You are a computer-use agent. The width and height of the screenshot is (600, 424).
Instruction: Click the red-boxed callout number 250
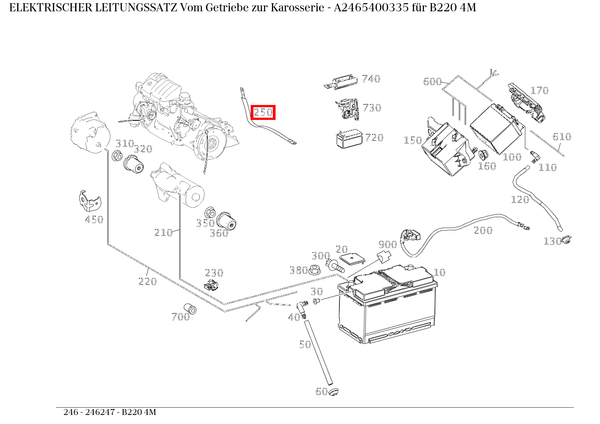[263, 112]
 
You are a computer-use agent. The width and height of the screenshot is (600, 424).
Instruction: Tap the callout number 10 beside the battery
[439, 272]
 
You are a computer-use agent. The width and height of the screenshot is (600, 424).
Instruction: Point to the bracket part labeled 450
[90, 202]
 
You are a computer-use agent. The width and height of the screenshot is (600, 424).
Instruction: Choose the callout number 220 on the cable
[148, 281]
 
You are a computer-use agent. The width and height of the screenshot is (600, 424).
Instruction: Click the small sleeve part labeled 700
[190, 308]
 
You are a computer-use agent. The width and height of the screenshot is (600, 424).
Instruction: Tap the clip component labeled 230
[211, 285]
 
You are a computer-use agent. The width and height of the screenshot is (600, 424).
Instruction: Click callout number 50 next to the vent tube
[305, 344]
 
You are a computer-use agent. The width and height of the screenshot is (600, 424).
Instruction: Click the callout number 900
[387, 245]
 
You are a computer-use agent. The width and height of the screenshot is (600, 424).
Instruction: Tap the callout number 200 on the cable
[483, 230]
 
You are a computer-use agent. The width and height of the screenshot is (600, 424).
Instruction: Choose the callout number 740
[371, 79]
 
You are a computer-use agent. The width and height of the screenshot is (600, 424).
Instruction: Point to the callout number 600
[432, 81]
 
